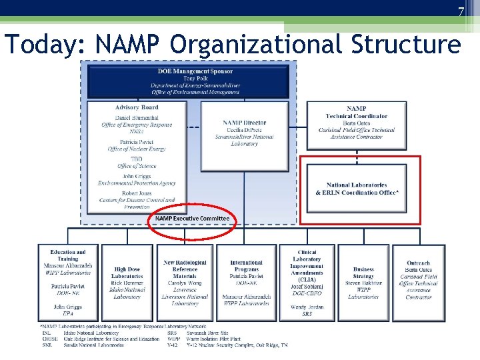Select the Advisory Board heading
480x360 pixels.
(137, 107)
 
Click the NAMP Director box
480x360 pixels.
(245, 133)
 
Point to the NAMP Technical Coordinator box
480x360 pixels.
(357, 123)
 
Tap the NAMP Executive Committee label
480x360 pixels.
(192, 219)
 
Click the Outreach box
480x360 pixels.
(419, 281)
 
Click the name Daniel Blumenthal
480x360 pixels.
(136, 118)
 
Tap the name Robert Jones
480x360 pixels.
(136, 193)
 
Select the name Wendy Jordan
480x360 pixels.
(307, 307)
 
